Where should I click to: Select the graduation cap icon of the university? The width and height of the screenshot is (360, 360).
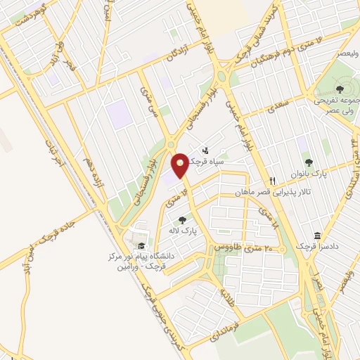tap(141, 245)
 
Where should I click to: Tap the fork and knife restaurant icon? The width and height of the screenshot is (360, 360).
tap(272, 180)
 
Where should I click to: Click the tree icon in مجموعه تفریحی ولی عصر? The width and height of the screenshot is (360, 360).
tap(339, 89)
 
